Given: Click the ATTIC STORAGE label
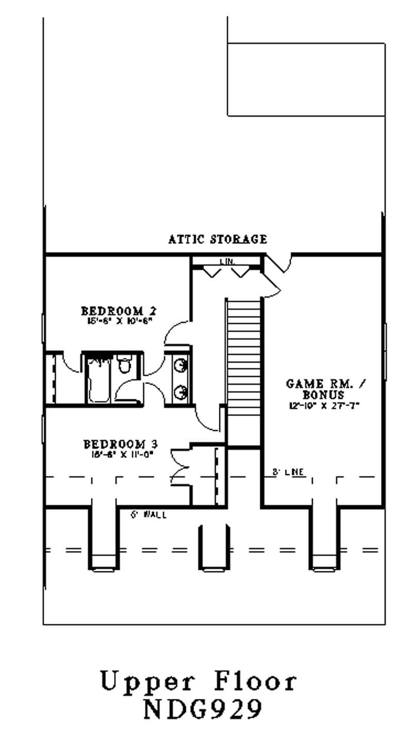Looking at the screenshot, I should click(217, 239).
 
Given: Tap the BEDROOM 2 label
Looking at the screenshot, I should click(119, 311).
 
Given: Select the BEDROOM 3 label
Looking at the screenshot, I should click(120, 444).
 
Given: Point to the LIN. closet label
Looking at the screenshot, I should click(227, 262).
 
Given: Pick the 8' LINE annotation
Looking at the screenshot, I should click(288, 472).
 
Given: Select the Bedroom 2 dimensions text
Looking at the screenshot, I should click(118, 321).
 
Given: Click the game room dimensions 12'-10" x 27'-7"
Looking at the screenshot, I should click(323, 405).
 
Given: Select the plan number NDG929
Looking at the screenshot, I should click(201, 709).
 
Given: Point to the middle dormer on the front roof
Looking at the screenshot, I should click(213, 548).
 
